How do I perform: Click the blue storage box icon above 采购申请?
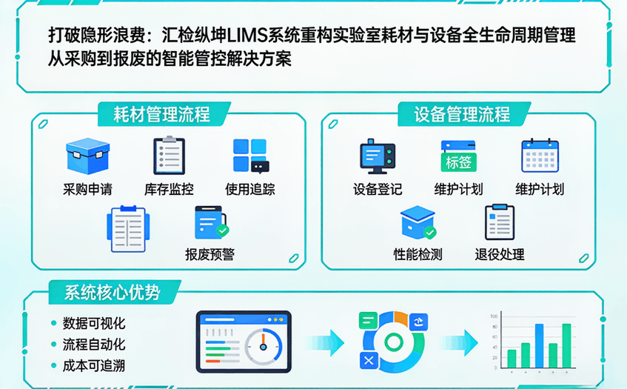pos(87,157)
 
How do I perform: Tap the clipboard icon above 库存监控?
pos(169,156)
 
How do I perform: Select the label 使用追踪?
pos(250,189)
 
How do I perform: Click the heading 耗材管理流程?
pos(161,114)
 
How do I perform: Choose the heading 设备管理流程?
pos(462,114)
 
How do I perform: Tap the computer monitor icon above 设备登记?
pos(378,156)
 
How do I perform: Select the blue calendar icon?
pos(540,156)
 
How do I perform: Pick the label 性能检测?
pos(418,254)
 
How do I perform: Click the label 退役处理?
pos(500,254)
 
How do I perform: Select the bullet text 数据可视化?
pos(94,323)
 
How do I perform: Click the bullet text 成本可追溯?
pos(94,365)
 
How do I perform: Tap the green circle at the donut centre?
pos(394,342)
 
